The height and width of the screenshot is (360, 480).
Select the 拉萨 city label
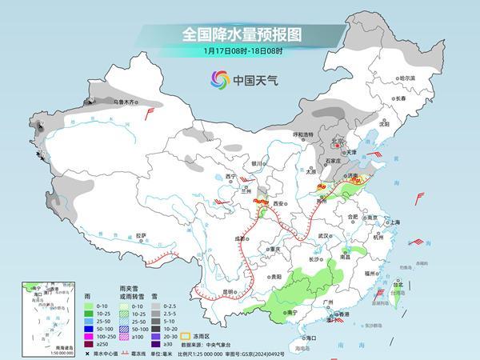(141, 235)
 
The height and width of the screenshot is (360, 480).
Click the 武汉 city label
(323, 236)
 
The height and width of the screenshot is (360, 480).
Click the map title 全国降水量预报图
(241, 34)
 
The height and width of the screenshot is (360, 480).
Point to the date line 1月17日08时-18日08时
(241, 50)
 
